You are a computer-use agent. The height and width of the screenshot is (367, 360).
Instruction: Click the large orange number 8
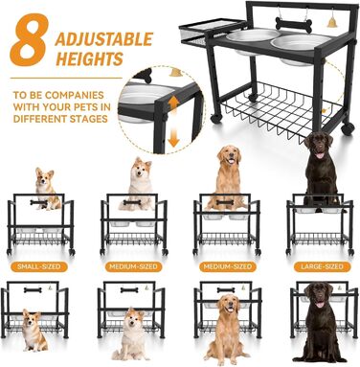click(x=30, y=39)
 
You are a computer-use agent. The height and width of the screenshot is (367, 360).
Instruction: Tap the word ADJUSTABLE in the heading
click(x=104, y=39)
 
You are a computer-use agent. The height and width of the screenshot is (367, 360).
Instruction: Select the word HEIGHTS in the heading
click(x=90, y=59)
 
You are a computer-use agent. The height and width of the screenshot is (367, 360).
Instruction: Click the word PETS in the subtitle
click(x=86, y=107)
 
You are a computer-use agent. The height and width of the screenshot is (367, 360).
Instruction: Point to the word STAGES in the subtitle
click(x=88, y=119)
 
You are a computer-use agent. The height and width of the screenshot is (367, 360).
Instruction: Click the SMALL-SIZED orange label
click(x=39, y=266)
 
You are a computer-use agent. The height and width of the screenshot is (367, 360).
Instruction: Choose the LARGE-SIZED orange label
click(x=323, y=266)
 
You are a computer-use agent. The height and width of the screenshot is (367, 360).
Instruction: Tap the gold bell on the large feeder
click(x=332, y=22)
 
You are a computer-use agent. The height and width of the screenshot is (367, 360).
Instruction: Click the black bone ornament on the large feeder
click(x=294, y=25)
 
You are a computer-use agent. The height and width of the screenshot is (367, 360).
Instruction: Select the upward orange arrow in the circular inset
click(x=173, y=106)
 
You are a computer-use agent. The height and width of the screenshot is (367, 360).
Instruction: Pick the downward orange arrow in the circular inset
click(x=173, y=136)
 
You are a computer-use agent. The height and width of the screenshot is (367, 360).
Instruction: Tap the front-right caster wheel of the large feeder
click(x=348, y=128)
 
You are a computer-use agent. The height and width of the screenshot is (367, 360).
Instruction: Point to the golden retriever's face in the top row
click(x=230, y=156)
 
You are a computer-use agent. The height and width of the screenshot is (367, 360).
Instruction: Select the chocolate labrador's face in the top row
click(x=319, y=147)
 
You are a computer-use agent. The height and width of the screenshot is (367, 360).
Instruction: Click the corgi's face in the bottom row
click(x=32, y=318)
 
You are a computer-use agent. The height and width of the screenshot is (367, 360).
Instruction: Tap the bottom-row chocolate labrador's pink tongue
click(x=319, y=305)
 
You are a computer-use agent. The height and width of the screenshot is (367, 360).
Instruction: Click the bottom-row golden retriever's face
click(x=230, y=305)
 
